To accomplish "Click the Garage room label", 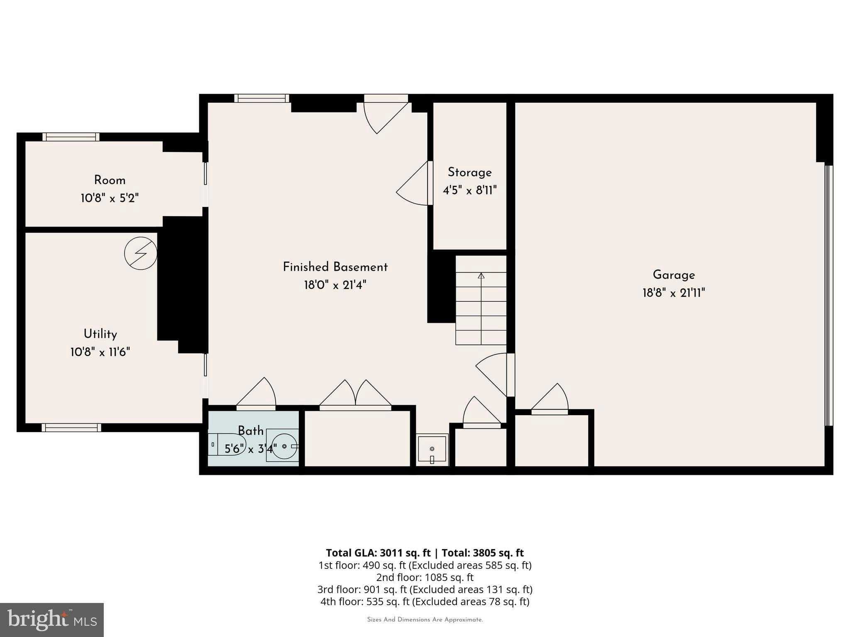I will (673, 275).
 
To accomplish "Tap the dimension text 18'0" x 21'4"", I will (335, 285).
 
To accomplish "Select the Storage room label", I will (469, 173).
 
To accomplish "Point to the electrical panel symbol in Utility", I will (141, 253).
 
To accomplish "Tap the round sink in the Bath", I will (285, 446).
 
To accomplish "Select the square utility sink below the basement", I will (432, 450).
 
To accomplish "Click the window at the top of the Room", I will (71, 137).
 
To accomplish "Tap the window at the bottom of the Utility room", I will (71, 428).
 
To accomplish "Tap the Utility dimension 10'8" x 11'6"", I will (100, 353).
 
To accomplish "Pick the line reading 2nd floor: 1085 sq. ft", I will (425, 577).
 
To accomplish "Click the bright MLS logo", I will (51, 620).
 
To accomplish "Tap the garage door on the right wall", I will (828, 295).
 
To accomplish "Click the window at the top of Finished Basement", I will (261, 98).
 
